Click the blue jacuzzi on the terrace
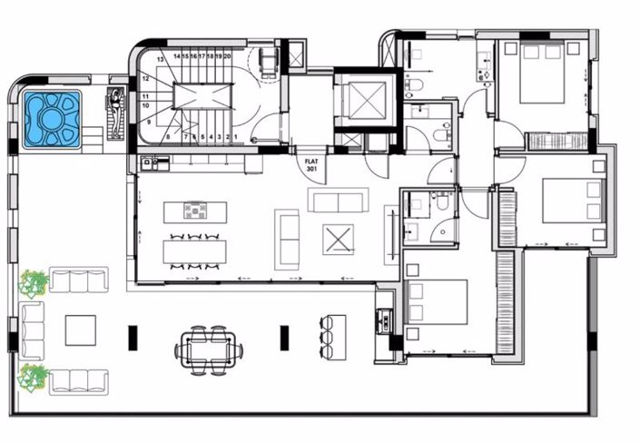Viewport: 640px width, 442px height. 52,118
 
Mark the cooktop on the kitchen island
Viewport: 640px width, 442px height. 195,211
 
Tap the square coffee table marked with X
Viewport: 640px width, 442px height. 338,239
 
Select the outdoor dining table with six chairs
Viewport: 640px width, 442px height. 210,347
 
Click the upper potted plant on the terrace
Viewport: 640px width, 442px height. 34,283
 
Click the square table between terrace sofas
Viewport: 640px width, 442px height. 80,330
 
